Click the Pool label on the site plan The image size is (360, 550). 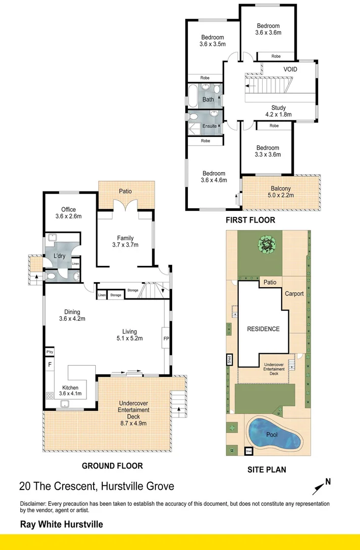click(272, 434)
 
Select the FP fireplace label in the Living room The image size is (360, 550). click(165, 338)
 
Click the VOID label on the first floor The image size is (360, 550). click(290, 69)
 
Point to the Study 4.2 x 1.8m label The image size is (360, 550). click(278, 111)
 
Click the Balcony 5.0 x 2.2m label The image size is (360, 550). click(281, 191)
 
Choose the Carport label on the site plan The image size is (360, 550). click(294, 294)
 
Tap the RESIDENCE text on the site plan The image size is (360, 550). click(263, 329)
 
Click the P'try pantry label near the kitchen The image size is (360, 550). click(50, 352)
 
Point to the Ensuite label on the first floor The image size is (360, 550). click(209, 126)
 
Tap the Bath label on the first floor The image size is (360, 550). click(208, 99)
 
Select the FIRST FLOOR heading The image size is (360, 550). click(250, 221)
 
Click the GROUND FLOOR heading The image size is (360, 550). click(112, 465)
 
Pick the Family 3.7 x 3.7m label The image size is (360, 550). click(125, 241)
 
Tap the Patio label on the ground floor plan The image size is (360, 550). click(125, 191)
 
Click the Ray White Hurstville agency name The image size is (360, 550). click(61, 524)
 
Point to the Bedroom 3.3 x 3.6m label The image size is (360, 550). click(268, 151)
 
